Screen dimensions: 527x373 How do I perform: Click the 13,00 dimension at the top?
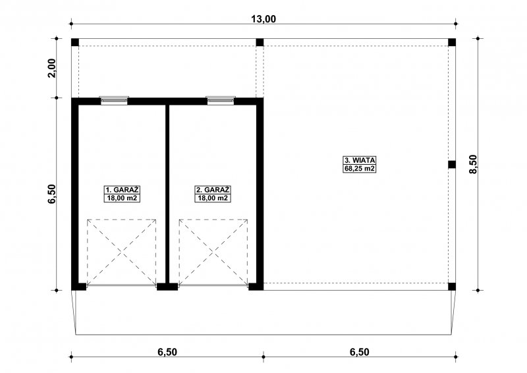[263, 19]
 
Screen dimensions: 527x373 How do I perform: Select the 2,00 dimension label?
[51, 69]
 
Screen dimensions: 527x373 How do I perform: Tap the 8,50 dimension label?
[473, 164]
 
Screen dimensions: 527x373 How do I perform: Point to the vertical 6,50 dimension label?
[51, 194]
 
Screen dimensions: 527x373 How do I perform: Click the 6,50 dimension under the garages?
[167, 352]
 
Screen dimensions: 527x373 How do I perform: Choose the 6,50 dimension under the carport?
[359, 352]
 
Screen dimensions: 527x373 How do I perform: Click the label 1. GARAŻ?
[122, 190]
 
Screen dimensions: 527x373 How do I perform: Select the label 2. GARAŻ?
[213, 190]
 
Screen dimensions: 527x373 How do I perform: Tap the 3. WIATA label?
[359, 160]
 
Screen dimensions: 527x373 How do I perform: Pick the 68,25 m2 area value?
[359, 169]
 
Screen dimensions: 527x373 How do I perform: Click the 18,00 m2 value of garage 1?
[122, 198]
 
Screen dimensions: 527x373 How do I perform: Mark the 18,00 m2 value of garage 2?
[213, 198]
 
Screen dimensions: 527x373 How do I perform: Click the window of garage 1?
[114, 100]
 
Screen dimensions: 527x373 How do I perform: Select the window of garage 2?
[221, 100]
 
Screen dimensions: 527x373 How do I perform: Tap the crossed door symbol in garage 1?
[122, 252]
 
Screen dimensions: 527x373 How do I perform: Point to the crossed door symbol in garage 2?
[213, 252]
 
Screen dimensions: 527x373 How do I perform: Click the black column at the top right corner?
[452, 42]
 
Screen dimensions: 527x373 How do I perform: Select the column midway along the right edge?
[452, 165]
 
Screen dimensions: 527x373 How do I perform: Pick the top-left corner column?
[75, 42]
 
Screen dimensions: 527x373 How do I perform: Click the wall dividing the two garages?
[167, 194]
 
